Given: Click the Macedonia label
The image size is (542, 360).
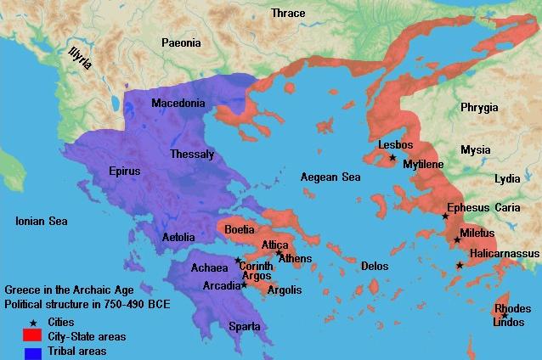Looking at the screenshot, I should pos(178,104).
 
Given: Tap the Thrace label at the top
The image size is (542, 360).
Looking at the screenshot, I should pos(287,13).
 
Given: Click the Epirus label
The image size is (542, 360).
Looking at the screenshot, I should pos(124,171).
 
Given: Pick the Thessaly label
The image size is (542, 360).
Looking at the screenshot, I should pos(192,155).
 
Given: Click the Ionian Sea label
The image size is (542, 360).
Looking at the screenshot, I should pos(41,221).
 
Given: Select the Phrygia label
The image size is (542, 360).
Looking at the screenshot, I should pos(480,108).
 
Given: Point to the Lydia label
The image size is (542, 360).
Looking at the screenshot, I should pos(507,179).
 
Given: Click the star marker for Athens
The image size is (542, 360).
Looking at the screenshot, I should pos(279,252).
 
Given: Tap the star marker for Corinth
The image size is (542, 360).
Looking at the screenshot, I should pos(238,261).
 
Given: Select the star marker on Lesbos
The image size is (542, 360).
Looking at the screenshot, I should pos(392,157).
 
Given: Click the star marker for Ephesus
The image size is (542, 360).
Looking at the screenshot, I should pos(445,216).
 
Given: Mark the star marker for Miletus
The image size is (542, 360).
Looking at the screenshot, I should pos(457,239).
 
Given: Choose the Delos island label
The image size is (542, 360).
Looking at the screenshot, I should pos(374,266).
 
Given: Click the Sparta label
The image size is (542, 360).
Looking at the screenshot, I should pos(243,326).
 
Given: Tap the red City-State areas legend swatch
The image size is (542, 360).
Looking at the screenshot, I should pos(33,336).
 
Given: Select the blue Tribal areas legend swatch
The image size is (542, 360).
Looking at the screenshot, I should pos(33,351).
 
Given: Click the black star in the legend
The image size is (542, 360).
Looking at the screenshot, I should pos(33,323).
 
